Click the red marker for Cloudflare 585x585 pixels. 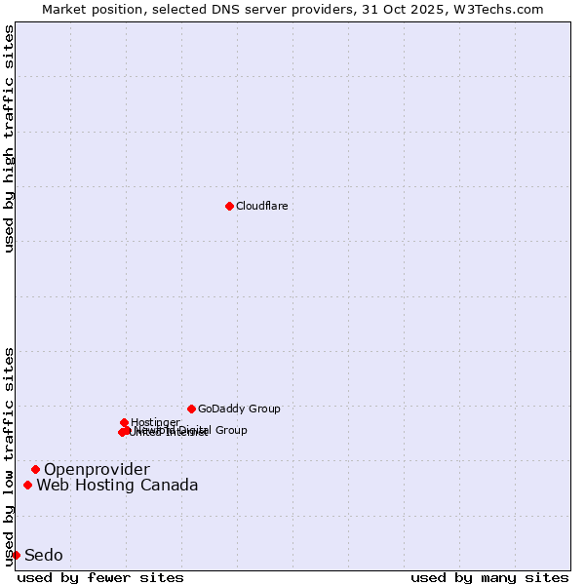(x=229, y=206)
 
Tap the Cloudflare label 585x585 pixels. (x=261, y=206)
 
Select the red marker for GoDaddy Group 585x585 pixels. (x=191, y=409)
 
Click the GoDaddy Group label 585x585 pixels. (x=239, y=409)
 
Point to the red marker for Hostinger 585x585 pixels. (x=124, y=422)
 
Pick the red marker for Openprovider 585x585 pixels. (x=35, y=469)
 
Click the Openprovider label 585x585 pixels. (x=97, y=470)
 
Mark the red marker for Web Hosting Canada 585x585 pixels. (x=27, y=485)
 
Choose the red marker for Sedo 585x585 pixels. (x=16, y=555)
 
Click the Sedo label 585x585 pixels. (x=43, y=556)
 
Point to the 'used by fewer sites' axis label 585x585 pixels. (x=100, y=577)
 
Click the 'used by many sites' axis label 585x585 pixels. (x=489, y=577)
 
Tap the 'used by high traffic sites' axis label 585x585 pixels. (x=9, y=138)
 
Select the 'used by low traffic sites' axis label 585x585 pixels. (x=9, y=456)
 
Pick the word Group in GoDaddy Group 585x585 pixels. (x=263, y=409)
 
